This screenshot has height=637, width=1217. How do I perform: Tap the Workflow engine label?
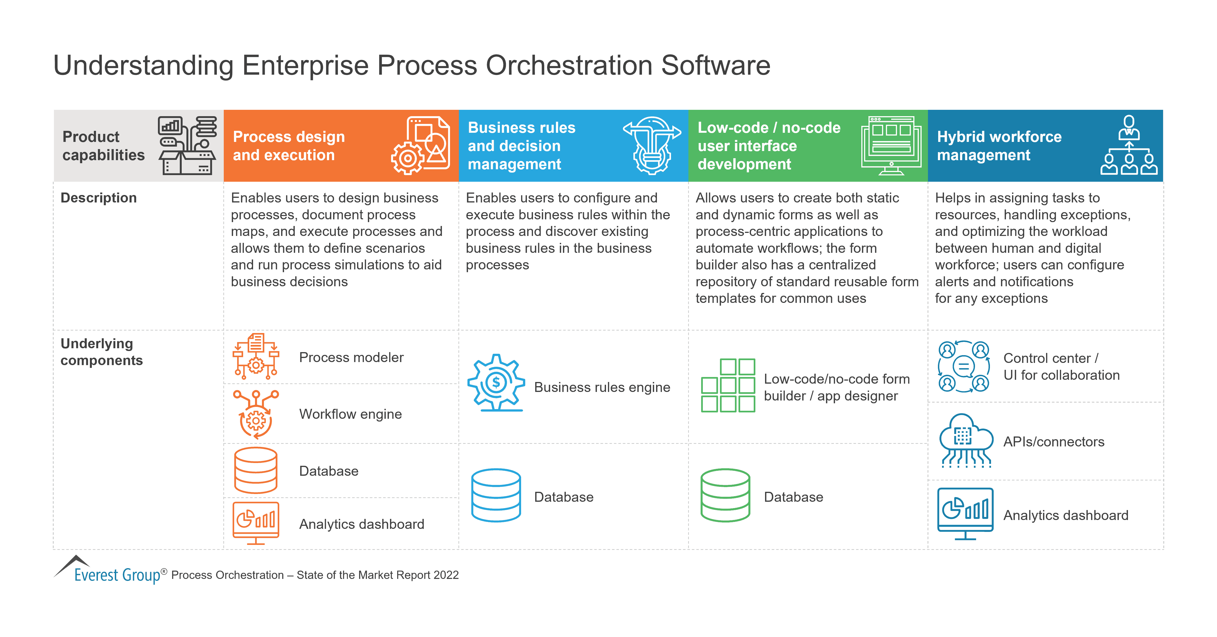(x=350, y=414)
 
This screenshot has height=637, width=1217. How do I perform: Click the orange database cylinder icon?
(x=256, y=471)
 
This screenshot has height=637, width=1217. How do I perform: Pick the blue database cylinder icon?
(x=496, y=495)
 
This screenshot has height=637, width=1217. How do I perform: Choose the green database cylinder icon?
(x=725, y=495)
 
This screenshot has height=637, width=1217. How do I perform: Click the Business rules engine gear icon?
(x=496, y=383)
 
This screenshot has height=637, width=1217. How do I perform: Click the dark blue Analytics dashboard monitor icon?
(x=965, y=513)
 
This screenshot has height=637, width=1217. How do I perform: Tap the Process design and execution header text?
(x=289, y=145)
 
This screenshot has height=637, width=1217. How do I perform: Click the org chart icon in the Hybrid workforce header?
(x=1129, y=145)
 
